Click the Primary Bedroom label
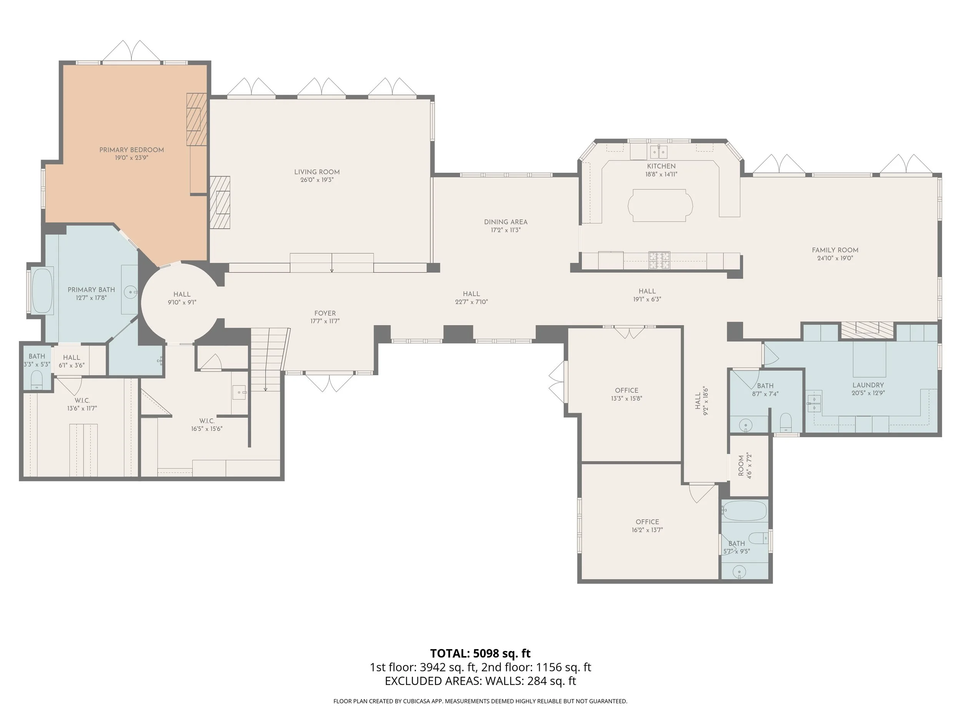(131, 150)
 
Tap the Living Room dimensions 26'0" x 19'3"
(317, 180)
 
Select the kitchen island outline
(660, 205)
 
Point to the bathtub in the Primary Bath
(43, 291)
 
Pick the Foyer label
(325, 313)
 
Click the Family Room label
(835, 250)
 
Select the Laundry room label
(868, 385)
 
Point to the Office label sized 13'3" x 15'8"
(626, 390)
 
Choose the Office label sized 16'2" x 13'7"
(647, 522)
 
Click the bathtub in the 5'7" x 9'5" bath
(744, 511)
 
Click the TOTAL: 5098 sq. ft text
(480, 653)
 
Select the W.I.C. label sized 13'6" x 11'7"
(82, 400)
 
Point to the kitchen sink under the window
(658, 152)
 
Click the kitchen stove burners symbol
(659, 260)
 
